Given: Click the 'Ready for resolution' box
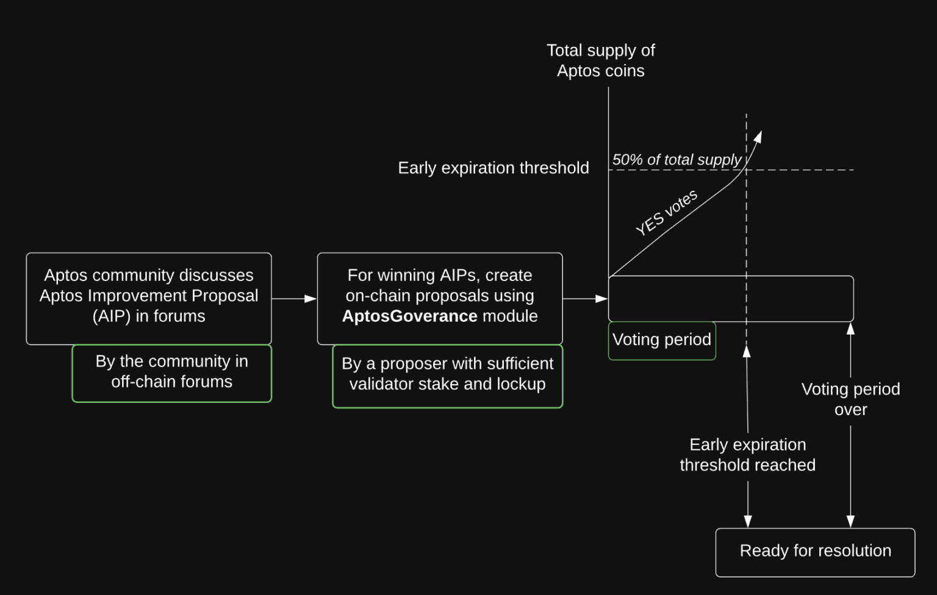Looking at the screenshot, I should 815,552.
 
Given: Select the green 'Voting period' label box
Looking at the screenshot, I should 662,340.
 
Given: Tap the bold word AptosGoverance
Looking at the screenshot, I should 409,316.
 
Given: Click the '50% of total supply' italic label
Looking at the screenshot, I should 677,160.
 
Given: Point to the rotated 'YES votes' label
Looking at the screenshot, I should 666,212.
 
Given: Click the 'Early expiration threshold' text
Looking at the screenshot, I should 493,168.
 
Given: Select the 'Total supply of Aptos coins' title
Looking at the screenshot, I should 600,60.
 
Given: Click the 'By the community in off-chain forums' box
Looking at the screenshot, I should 171,372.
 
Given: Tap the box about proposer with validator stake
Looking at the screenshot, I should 447,375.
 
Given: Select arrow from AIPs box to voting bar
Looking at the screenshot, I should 585,299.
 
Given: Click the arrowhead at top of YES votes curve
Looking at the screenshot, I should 758,137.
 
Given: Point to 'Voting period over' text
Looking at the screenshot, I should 850,399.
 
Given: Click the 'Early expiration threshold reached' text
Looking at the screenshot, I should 747,455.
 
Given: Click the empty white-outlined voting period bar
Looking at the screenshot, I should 730,299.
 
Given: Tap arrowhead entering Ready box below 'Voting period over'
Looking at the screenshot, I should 850,522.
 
